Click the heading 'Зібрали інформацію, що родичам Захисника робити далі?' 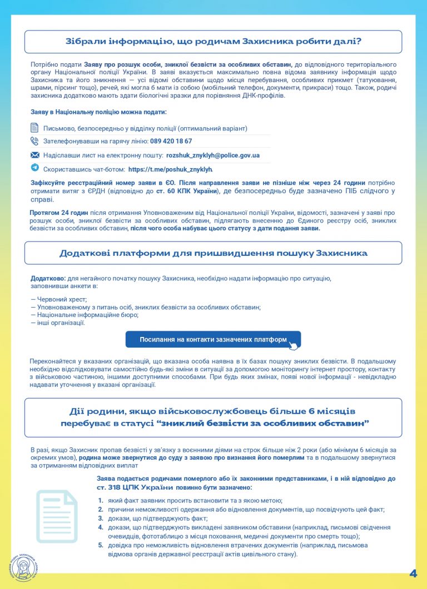click(213, 41)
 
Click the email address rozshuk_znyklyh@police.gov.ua click(212, 155)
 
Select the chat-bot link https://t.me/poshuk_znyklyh click(170, 169)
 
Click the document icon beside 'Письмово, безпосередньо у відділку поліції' click(34, 128)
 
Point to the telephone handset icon click(34, 141)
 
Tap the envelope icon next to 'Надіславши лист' click(34, 155)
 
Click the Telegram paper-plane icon click(34, 168)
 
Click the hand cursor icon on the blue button click(292, 345)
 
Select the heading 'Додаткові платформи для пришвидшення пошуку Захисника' click(213, 253)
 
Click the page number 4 click(413, 573)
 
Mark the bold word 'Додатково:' click(48, 278)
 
